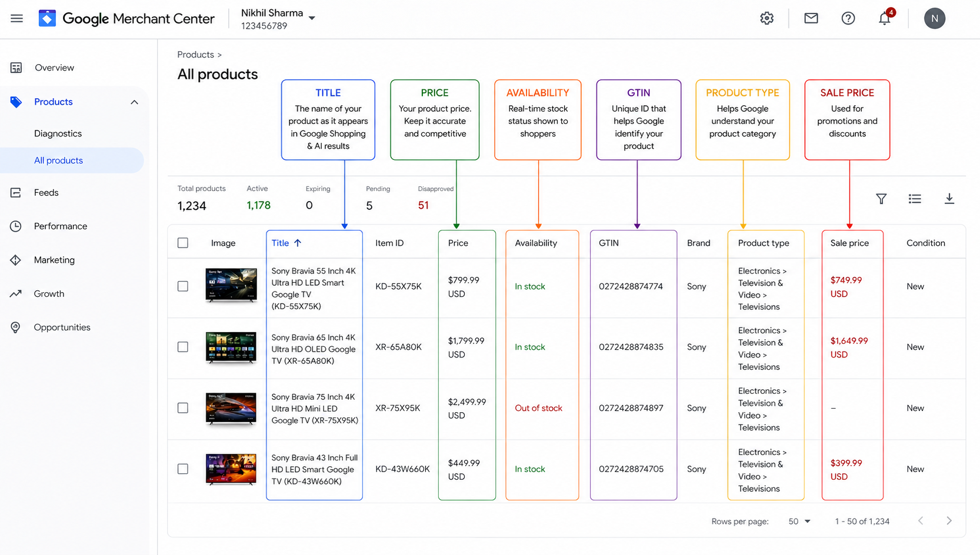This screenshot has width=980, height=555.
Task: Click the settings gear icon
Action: (766, 18)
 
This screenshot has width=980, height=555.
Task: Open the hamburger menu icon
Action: (16, 18)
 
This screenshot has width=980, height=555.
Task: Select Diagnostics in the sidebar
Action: (58, 133)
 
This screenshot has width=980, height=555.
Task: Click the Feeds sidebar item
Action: (46, 192)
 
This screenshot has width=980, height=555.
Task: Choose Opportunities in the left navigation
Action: (62, 327)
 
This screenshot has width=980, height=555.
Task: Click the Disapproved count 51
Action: (423, 205)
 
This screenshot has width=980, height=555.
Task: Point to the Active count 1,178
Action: (259, 205)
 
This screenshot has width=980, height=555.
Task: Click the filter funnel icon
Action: (881, 199)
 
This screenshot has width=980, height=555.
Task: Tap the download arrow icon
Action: (949, 199)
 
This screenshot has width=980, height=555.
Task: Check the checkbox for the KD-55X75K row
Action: (183, 286)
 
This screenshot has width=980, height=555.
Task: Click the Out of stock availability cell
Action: (538, 408)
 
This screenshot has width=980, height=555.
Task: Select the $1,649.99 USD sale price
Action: (849, 347)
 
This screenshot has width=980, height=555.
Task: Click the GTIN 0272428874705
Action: (631, 469)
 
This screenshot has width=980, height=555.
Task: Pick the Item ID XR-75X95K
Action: (397, 408)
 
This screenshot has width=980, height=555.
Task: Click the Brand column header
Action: (698, 243)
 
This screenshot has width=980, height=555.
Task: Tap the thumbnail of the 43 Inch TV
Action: (231, 469)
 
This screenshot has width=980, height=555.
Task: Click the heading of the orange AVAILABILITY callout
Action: (538, 93)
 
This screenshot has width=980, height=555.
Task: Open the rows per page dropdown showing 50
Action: (799, 521)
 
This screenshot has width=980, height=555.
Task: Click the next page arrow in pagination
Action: (949, 521)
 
